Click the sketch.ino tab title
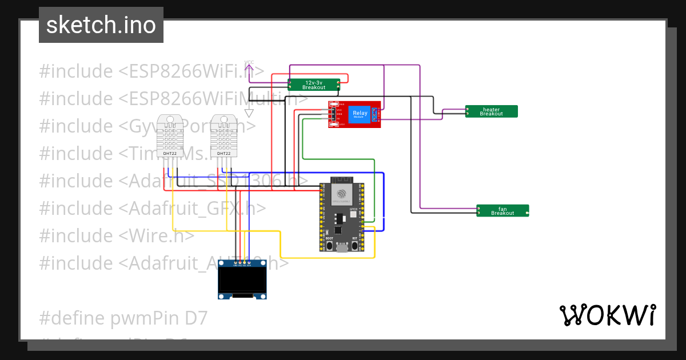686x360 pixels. pos(101,25)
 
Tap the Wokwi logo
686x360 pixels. pos(607,315)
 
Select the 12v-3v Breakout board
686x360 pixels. pos(314,85)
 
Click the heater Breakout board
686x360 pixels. pos(491,111)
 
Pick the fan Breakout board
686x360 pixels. pos(502,210)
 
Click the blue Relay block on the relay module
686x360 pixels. pos(360,114)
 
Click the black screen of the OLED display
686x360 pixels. pos(243,280)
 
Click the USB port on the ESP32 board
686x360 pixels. pos(342,247)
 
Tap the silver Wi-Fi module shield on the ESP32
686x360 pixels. pos(342,193)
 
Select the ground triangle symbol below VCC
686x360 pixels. pos(249,113)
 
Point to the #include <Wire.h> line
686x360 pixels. pos(117,235)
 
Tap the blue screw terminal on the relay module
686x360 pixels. pos(375,114)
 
